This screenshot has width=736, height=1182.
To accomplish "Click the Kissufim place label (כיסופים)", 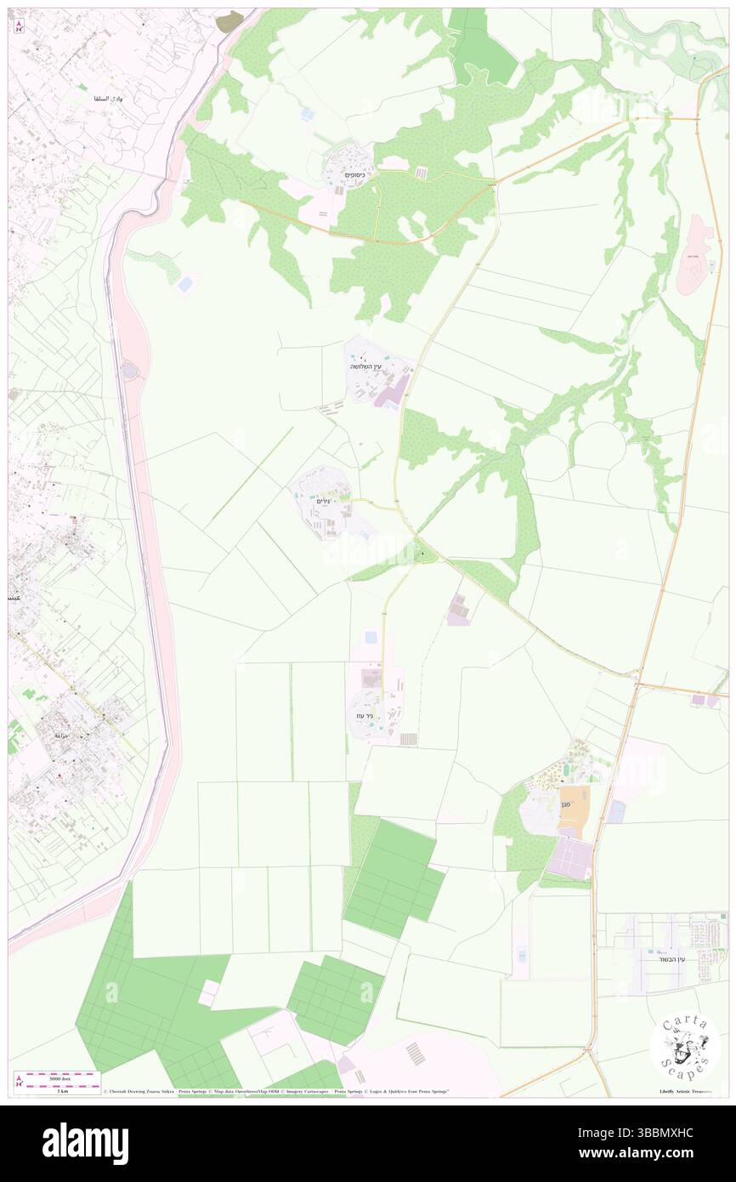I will pos(355,174).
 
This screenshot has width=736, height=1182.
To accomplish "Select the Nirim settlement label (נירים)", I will pos(322,502).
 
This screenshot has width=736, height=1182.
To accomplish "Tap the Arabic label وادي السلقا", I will pos(107,99).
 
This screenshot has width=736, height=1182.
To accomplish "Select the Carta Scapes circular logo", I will pos(685,1045).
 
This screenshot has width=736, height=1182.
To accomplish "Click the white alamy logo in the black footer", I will pos(85,1142).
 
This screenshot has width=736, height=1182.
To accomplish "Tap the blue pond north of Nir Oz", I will pos(371,638).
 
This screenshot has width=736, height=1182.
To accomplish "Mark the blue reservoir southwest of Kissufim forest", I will pos(185,285).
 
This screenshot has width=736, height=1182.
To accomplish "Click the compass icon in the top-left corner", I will pos(20,26).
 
